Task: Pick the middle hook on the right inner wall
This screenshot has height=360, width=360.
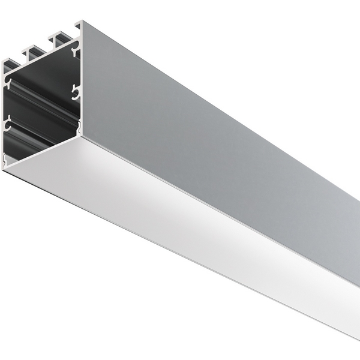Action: coord(75,92)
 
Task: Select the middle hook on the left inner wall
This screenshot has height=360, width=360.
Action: coord(7,125)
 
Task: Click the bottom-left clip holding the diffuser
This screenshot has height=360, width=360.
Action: coord(5,161)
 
